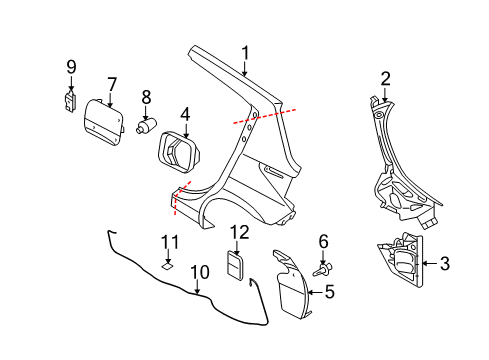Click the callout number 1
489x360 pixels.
(245, 53)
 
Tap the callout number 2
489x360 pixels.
(385, 79)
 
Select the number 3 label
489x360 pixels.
(445, 263)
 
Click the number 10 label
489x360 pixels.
(200, 272)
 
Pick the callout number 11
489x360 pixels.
(170, 242)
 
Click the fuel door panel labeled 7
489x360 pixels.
(104, 123)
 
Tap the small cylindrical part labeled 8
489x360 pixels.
(146, 125)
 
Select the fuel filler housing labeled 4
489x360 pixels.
(178, 152)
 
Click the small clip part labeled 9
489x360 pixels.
(70, 101)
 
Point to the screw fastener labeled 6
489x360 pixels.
(323, 270)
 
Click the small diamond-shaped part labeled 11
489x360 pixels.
(167, 266)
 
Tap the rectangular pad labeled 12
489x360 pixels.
(236, 266)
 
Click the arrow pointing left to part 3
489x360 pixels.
(430, 263)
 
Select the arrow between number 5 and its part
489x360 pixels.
(315, 292)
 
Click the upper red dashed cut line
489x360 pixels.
(265, 116)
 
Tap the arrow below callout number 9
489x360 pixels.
(71, 83)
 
